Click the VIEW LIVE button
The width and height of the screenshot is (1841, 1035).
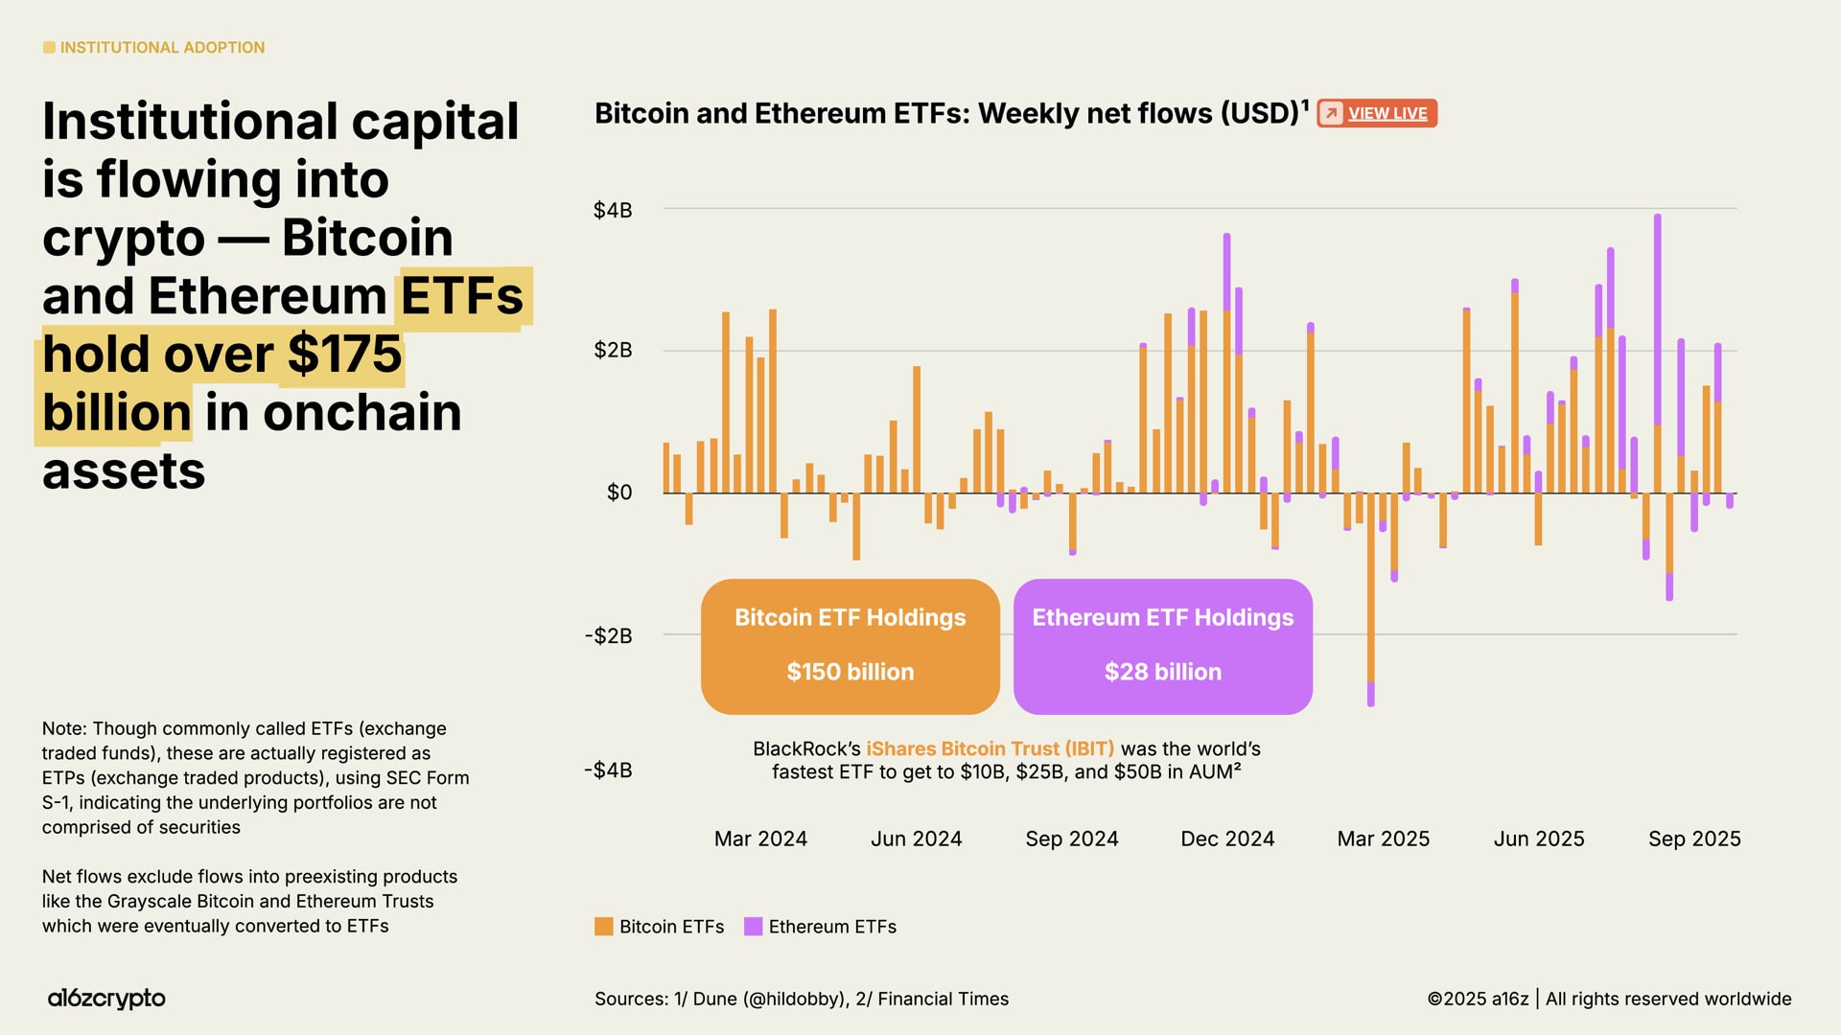point(1377,113)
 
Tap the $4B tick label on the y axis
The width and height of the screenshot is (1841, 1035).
point(613,210)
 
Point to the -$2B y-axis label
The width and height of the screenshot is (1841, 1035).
point(609,635)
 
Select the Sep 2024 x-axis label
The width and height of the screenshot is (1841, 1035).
point(1071,839)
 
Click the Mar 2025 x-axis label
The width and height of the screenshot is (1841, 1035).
point(1383,839)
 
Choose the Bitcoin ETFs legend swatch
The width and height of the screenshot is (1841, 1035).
point(603,927)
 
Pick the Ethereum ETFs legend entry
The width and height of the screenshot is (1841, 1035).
point(831,927)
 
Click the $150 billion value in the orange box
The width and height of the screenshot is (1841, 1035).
point(850,672)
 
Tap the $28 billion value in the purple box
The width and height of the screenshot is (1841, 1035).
point(1162,672)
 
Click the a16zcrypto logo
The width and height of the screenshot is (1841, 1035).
point(106,999)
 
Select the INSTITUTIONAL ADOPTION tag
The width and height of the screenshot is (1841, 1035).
point(161,47)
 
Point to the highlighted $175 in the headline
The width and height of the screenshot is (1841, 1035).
point(344,354)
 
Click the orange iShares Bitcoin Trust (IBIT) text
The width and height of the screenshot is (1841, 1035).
point(990,748)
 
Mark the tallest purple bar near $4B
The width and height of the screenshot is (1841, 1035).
point(1657,316)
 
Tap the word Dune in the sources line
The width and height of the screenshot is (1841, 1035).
point(714,999)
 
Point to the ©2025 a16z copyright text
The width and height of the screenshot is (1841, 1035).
point(1478,999)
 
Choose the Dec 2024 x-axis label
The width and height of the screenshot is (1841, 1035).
point(1227,839)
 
